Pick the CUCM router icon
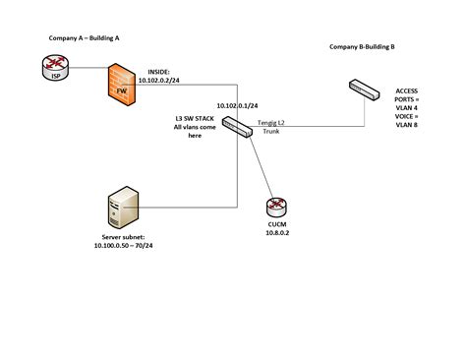point(276,208)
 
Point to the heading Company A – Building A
point(85,36)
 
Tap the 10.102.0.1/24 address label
point(241,104)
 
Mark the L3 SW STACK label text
point(192,118)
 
